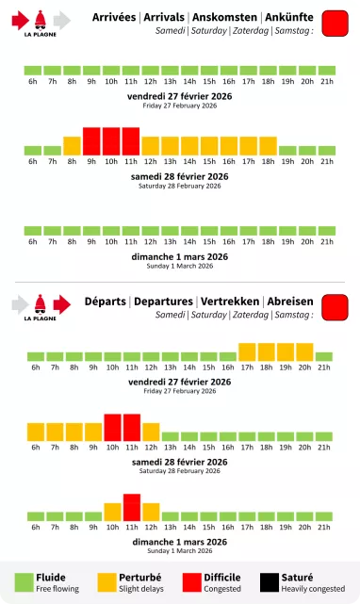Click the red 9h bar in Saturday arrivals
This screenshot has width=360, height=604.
coord(91,141)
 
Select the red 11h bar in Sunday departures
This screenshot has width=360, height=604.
coord(131,507)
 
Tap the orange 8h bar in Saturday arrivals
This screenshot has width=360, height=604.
coord(72,146)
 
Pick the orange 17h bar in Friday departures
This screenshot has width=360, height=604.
coord(248,351)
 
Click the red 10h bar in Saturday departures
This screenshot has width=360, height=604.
coord(111,427)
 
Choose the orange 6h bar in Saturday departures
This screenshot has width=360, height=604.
coord(35,432)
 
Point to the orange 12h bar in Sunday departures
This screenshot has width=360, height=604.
coord(151,512)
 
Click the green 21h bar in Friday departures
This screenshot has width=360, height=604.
coord(324,356)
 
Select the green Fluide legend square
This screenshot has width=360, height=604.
coord(23,582)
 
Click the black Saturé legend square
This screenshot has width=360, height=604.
coord(268,582)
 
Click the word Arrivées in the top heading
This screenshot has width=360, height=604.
coord(114,17)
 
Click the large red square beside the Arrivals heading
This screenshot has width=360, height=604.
coord(335,24)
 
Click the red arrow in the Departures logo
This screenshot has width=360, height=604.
coord(62,303)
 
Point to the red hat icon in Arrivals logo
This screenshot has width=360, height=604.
coord(41,19)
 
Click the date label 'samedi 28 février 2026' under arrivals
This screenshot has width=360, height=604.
coord(179,176)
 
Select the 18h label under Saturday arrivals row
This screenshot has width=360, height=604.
coord(268,161)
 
